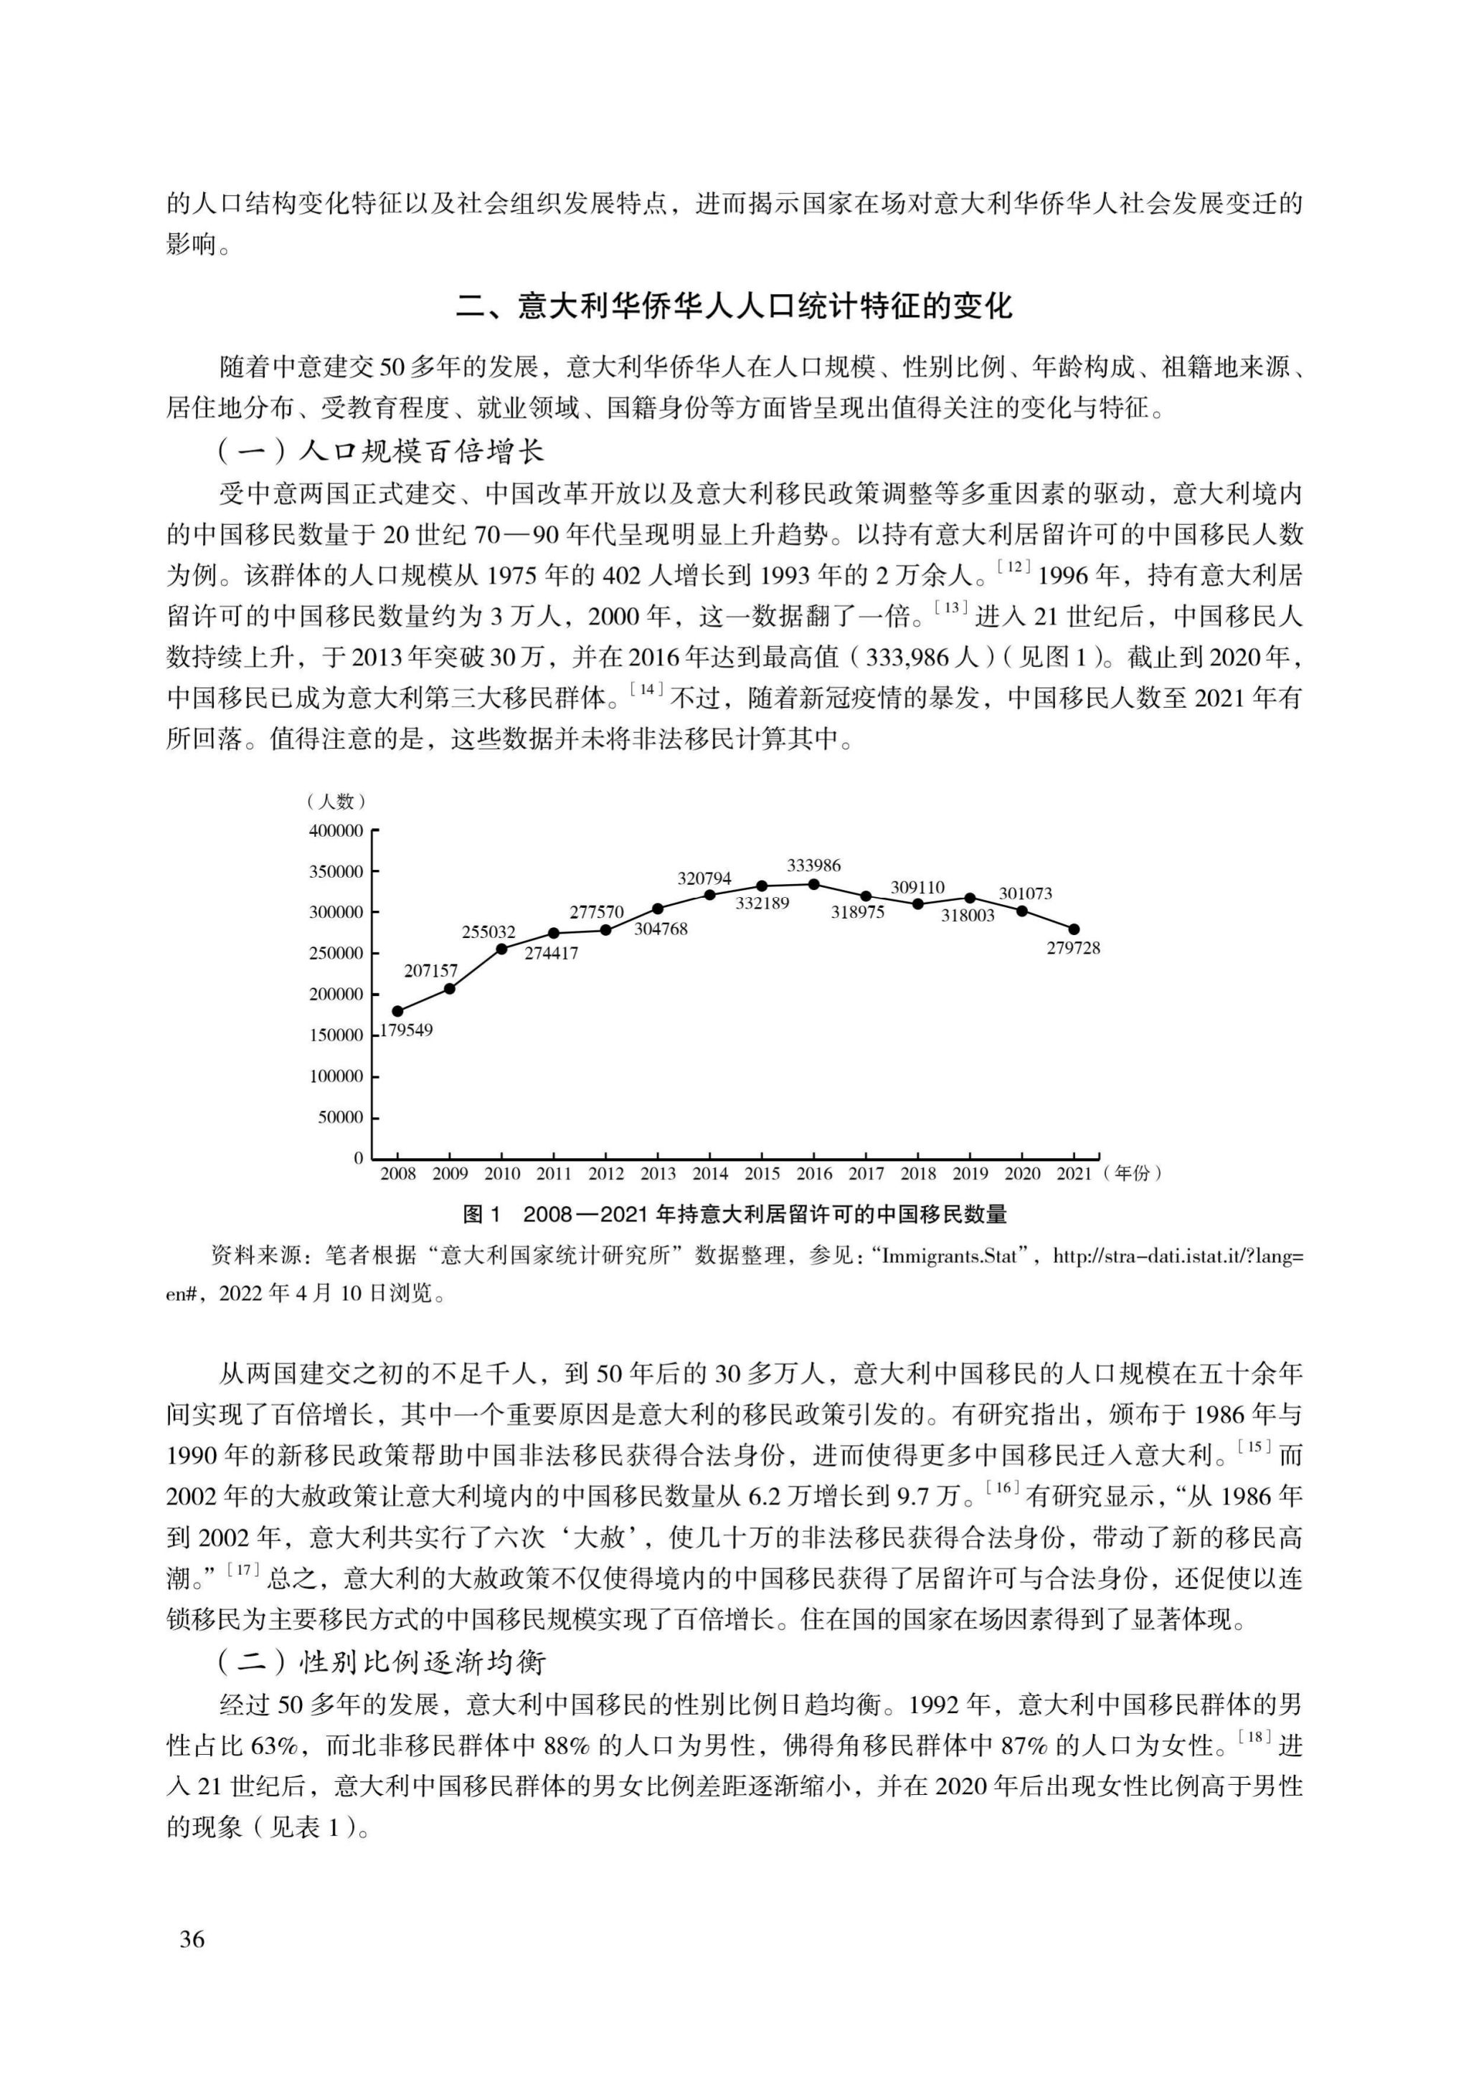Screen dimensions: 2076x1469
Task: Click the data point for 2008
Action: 398,1011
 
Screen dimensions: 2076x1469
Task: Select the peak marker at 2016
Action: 814,884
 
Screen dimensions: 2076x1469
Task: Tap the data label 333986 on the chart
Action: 813,866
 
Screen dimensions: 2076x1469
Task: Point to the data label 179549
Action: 406,1030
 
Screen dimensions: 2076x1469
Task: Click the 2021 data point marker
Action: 1074,929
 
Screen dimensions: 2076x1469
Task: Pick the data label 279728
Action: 1074,949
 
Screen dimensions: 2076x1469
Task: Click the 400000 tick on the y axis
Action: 336,831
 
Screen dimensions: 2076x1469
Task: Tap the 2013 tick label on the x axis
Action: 658,1174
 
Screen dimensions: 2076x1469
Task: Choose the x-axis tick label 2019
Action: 970,1174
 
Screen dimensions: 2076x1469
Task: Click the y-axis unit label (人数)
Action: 336,801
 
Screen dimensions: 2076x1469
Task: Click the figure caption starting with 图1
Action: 734,1214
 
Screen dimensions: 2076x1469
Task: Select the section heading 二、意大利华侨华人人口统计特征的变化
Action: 734,305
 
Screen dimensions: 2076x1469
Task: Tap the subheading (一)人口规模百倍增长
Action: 381,450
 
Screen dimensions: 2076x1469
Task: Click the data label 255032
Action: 488,932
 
